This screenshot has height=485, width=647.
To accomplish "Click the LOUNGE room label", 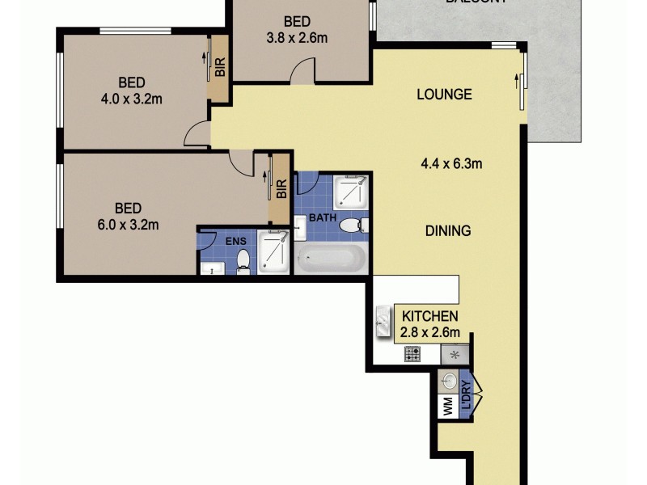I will (444, 94).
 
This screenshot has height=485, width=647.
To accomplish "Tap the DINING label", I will (447, 231).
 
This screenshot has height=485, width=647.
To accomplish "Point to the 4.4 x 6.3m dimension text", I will (451, 164).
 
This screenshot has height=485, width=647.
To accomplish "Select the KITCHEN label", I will (430, 316).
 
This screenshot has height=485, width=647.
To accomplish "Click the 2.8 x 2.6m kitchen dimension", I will (430, 331).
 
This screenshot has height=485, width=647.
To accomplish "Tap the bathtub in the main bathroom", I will (332, 260).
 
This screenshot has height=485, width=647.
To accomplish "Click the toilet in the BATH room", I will (351, 225).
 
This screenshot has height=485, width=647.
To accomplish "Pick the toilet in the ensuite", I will (243, 259).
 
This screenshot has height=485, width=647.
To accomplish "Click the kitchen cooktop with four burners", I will (412, 353).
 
